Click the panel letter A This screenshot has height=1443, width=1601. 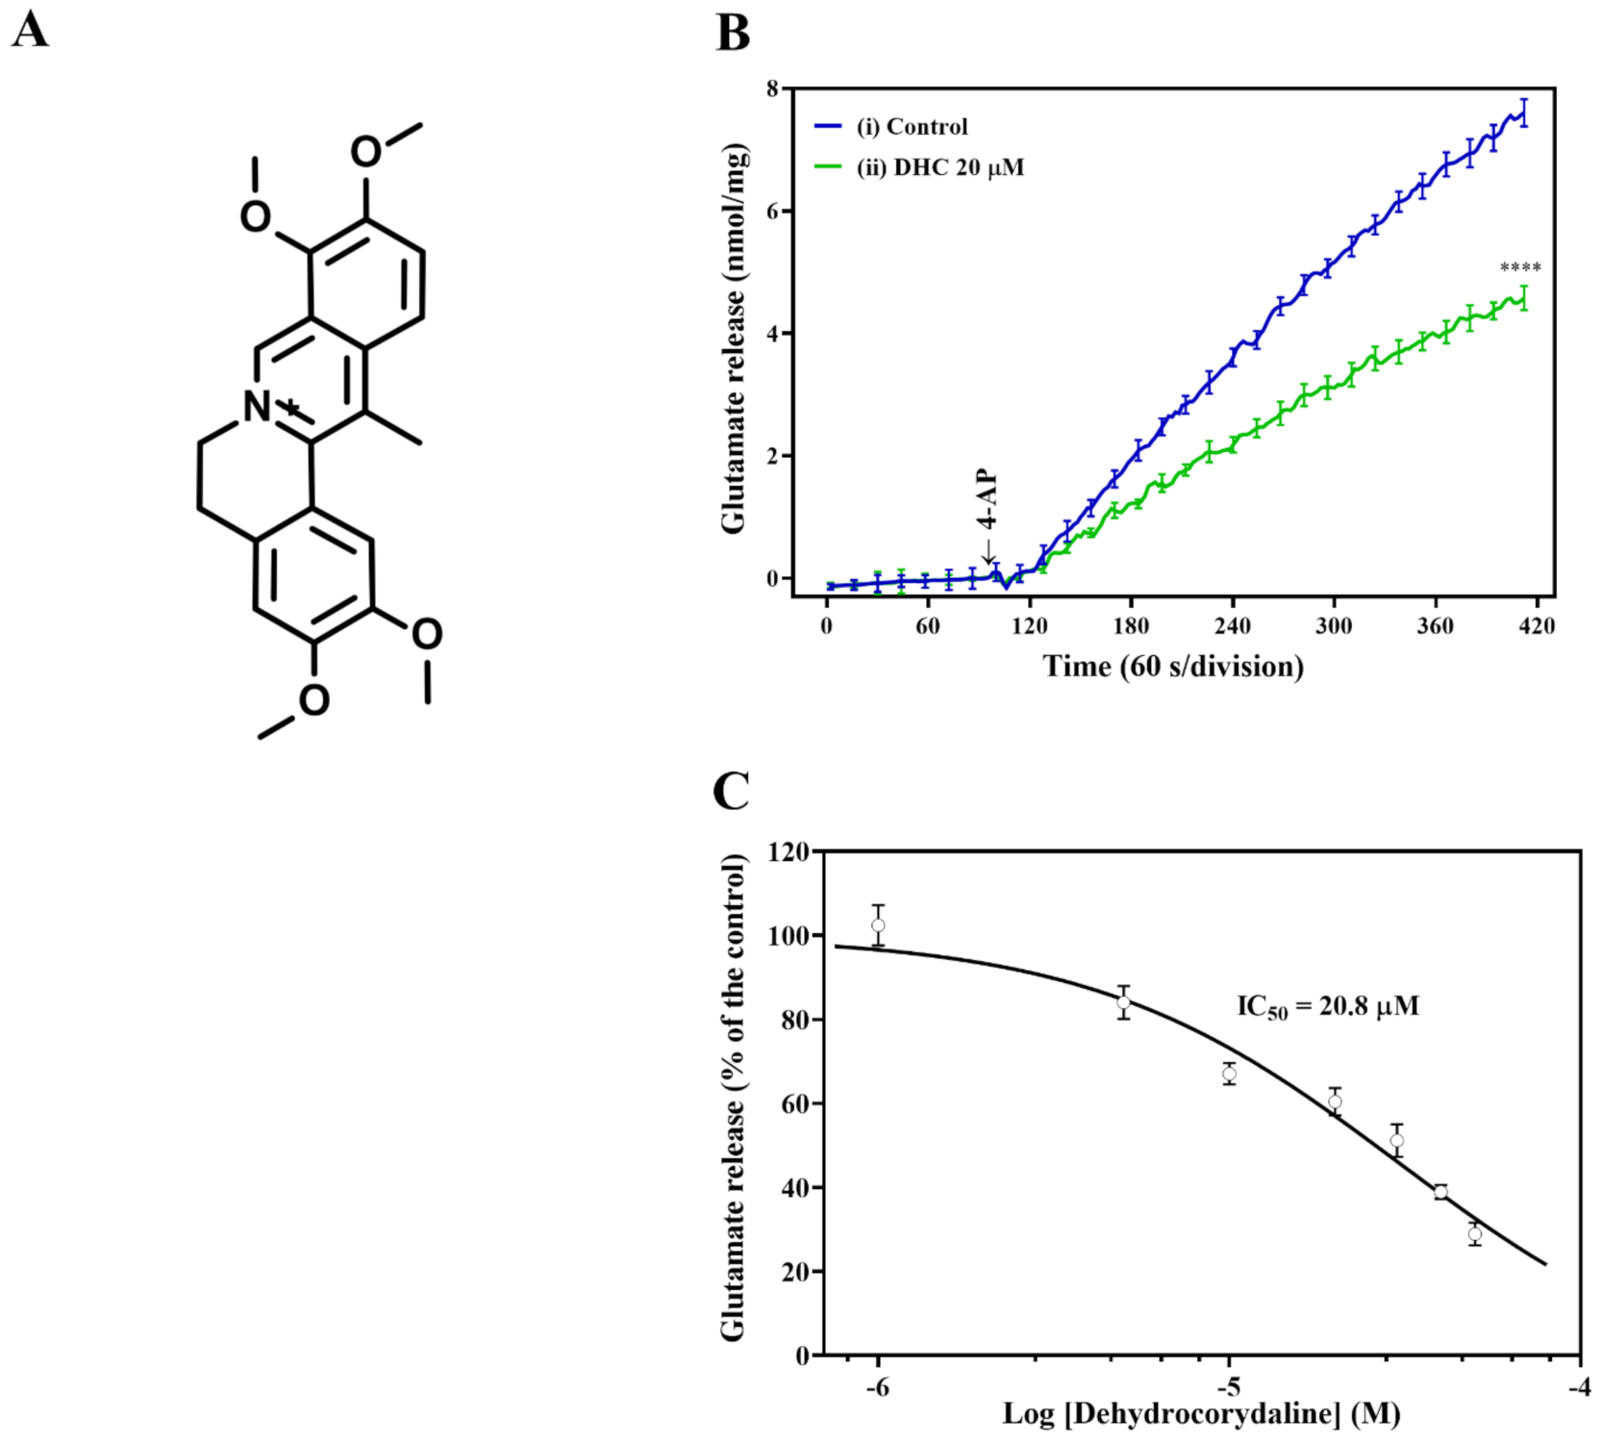tap(30, 30)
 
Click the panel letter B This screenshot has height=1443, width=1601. tap(733, 33)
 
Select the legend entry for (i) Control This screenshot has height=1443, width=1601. tap(911, 127)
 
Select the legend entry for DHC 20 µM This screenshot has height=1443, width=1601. tap(939, 167)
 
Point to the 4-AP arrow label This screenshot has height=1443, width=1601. tap(988, 500)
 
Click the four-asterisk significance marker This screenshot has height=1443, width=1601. tap(1520, 267)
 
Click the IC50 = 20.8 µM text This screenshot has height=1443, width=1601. tap(1327, 1006)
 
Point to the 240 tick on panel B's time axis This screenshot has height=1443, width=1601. tap(1232, 626)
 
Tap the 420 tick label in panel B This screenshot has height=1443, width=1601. tap(1536, 626)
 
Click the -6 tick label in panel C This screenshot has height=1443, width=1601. tap(877, 1387)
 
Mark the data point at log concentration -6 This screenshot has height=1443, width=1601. tap(878, 925)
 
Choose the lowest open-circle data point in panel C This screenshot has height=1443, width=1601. tap(1475, 1233)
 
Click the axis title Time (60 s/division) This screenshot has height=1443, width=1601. tap(1173, 666)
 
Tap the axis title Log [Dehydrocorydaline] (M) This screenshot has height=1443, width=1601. tap(1201, 1414)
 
